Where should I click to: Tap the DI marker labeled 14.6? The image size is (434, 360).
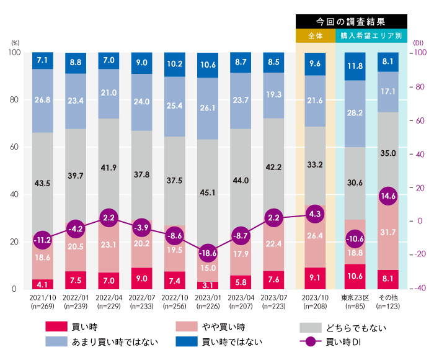tap(388, 195)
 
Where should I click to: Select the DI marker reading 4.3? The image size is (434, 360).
tap(314, 214)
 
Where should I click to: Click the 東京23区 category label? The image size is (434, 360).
tap(355, 297)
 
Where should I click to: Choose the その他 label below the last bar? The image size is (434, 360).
tap(388, 297)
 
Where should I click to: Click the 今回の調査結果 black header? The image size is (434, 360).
tap(351, 21)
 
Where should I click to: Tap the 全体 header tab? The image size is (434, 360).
tap(315, 35)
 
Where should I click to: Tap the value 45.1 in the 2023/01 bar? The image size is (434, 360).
tap(208, 192)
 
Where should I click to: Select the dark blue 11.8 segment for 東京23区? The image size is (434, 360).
tap(355, 66)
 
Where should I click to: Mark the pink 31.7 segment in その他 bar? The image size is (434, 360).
tap(388, 233)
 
